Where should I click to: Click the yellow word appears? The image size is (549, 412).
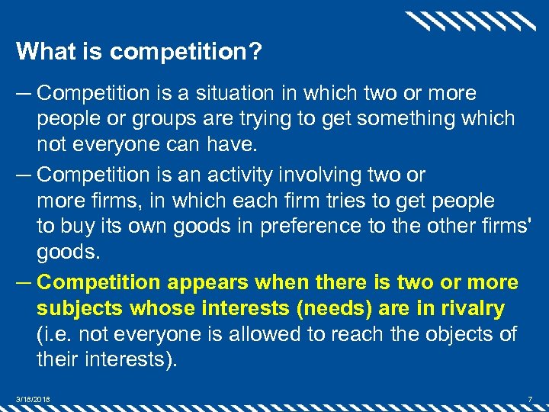coord(207,282)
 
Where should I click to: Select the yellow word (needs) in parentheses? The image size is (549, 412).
coord(333,308)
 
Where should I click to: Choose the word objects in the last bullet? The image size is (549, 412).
coord(452,334)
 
